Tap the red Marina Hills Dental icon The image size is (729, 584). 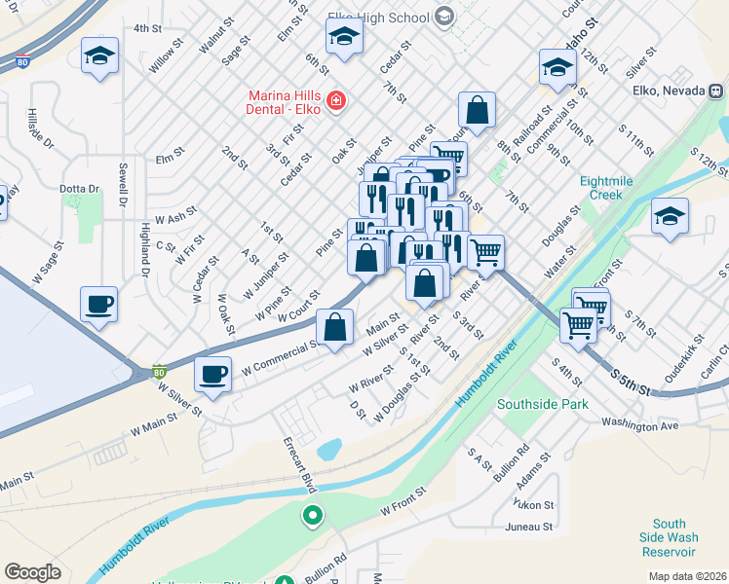336,100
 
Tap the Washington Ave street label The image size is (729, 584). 639,425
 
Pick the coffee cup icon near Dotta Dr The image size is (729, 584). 99,304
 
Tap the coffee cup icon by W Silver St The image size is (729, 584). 213,374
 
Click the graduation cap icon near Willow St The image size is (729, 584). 100,55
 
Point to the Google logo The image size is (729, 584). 32,572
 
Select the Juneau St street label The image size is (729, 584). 530,527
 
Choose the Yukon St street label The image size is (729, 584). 535,505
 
